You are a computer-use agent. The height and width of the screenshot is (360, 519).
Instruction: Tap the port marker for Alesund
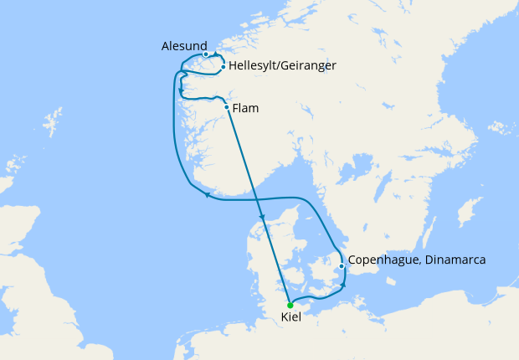coord(205,54)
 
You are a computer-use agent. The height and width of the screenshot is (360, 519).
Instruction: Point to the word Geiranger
coord(310,64)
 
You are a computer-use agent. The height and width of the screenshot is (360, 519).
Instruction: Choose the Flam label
coord(245,107)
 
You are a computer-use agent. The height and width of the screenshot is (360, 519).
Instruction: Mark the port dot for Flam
coord(227,106)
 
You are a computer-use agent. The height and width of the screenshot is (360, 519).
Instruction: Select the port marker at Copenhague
coord(342,267)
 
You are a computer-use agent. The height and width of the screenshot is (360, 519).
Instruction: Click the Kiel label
coord(291,318)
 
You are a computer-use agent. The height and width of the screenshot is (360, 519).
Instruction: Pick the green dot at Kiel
coord(290,305)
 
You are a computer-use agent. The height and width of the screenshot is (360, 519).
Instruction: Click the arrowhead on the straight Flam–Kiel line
coord(263,219)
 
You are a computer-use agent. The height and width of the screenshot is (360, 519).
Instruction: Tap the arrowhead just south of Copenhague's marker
coord(342,287)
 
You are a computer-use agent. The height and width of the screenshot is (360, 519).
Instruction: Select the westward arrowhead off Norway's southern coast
coord(206,195)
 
